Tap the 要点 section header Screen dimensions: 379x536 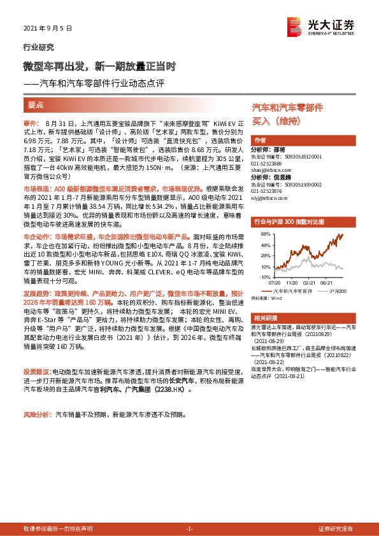(35, 104)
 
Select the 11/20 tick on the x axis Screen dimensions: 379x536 (292, 283)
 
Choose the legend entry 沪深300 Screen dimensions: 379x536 (338, 290)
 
